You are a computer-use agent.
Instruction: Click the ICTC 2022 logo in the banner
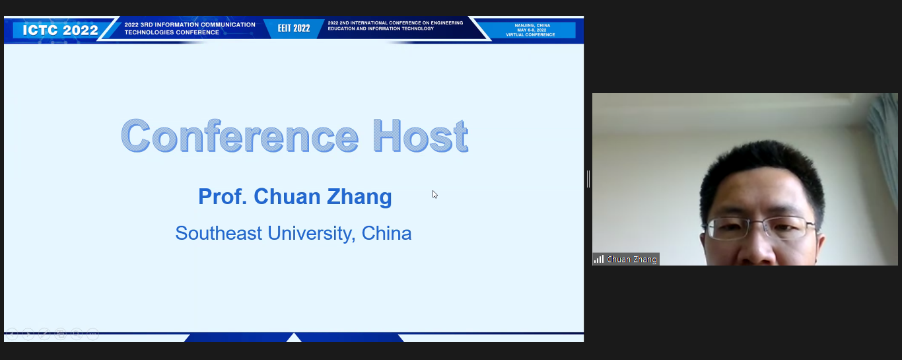click(x=60, y=30)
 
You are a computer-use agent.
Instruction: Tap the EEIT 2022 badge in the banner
click(x=294, y=28)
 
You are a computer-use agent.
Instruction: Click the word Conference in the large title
click(x=240, y=136)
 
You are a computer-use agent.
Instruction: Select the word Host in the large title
click(x=420, y=136)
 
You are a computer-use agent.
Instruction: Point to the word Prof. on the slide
click(x=223, y=196)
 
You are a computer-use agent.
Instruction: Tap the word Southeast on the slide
click(x=219, y=233)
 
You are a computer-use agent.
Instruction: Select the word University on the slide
click(x=311, y=234)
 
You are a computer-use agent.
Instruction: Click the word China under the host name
click(x=386, y=233)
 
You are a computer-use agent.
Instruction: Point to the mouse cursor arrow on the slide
click(x=435, y=194)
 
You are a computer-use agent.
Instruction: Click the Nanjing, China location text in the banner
click(x=532, y=25)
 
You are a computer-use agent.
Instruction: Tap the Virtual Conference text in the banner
click(x=530, y=34)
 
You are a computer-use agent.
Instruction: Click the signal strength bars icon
click(x=599, y=259)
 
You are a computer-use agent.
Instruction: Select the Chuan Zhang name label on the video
click(x=631, y=260)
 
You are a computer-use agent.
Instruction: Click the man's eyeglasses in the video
click(x=759, y=228)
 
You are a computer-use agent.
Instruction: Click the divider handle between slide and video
click(x=588, y=179)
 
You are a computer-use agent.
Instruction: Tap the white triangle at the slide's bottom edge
click(x=294, y=338)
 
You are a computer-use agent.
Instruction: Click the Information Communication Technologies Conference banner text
click(x=190, y=28)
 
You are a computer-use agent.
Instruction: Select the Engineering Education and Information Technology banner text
click(x=395, y=26)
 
